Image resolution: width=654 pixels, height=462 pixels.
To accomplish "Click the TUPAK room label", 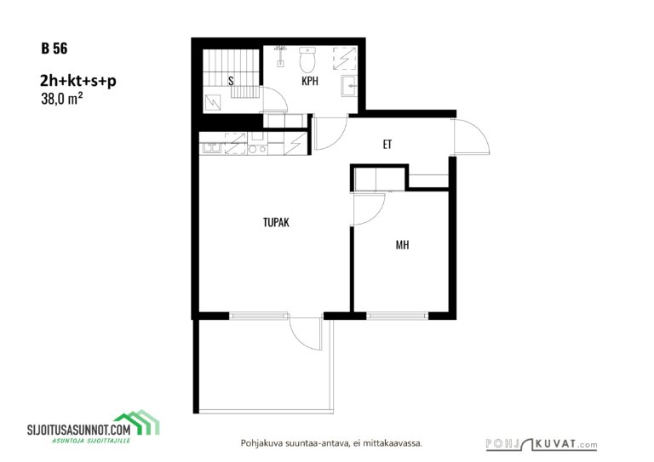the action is tap(276, 222).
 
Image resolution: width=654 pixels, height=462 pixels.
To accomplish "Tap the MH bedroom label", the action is tap(402, 245).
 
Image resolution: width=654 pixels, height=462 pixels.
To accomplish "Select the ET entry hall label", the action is tap(387, 145).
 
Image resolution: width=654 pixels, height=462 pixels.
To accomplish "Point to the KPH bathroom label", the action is tap(310, 81).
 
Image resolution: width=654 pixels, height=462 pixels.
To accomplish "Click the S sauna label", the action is tap(231, 81).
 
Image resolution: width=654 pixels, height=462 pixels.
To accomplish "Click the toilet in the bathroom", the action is tap(307, 60).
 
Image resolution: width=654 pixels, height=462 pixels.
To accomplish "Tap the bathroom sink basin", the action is tap(349, 86).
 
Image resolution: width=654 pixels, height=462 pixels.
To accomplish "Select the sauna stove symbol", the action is tap(213, 102).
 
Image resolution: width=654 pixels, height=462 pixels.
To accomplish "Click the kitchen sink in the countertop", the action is tap(212, 148).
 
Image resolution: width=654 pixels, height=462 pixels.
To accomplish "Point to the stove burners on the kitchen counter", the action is tap(257, 149).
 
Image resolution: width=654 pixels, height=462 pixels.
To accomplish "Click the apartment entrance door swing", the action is tap(472, 137).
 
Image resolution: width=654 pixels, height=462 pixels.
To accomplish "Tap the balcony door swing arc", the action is tap(306, 334).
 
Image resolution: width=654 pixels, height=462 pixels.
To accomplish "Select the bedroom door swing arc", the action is tap(369, 209).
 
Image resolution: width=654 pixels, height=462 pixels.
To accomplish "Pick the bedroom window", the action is tap(397, 316).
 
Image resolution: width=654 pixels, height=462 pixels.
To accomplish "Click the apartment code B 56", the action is tap(54, 48).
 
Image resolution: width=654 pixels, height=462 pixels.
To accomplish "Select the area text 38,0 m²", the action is tap(61, 99).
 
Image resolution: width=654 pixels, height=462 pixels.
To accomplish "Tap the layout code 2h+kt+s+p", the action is tap(78, 81).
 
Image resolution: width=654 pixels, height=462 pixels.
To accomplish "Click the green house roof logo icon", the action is tap(138, 422).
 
